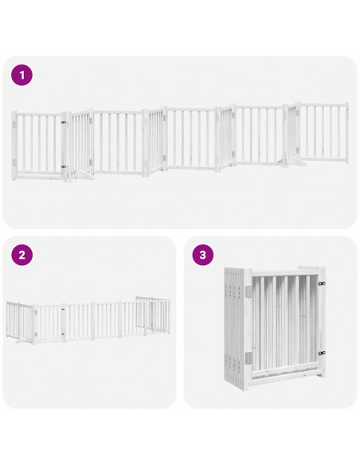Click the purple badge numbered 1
[22, 76]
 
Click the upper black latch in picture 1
[63, 123]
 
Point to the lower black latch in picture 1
[63, 166]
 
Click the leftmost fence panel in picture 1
[38, 143]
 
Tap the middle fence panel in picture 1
[191, 140]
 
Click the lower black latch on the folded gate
[323, 351]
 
